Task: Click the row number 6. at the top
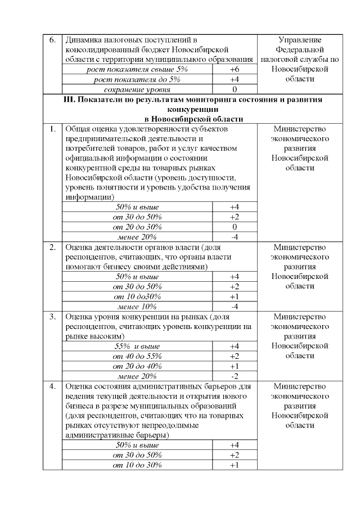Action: point(52,40)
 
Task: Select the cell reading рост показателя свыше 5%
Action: point(137,69)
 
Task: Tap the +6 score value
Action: point(235,69)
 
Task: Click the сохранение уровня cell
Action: point(137,89)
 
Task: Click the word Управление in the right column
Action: point(300,40)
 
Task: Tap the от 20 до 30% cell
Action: point(137,227)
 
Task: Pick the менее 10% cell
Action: point(137,307)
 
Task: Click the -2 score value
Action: point(235,376)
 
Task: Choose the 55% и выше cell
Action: point(137,346)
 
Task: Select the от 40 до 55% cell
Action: point(137,356)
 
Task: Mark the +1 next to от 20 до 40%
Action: point(235,366)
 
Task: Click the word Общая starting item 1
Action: point(78,129)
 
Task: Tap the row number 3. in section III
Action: point(52,316)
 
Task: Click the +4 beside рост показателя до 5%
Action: point(235,79)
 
